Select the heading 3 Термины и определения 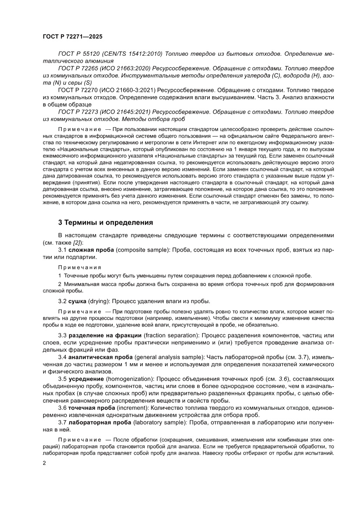[106, 222]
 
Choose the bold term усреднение [88, 379]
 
